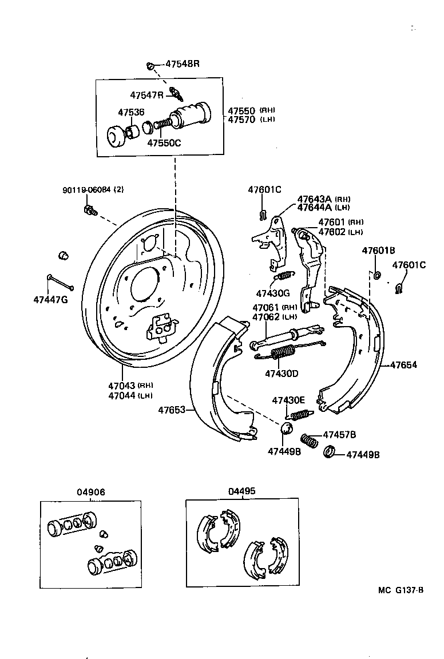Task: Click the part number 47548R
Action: [x=182, y=64]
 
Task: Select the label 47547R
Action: [x=146, y=95]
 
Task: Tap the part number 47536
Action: [x=131, y=112]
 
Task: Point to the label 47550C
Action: [x=164, y=143]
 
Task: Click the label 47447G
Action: [x=50, y=299]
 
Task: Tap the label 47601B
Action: [x=378, y=251]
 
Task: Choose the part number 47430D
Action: [x=282, y=374]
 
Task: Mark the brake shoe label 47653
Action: [x=173, y=410]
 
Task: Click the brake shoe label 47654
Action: [x=403, y=364]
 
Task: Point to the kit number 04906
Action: [x=91, y=493]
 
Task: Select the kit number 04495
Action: [x=241, y=491]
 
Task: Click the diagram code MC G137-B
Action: [x=400, y=590]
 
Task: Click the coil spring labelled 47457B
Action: [x=309, y=441]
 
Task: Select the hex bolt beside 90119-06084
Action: [x=88, y=210]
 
